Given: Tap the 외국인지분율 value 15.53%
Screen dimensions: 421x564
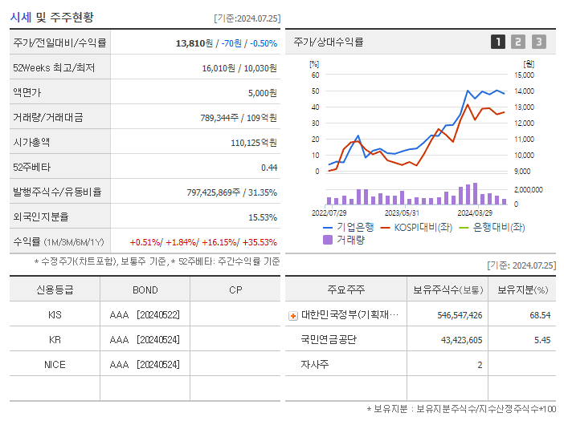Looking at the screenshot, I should coord(263,217).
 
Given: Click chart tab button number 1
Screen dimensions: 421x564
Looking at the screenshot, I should coord(498,42).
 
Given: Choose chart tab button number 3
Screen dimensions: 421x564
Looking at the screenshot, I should coord(538,42).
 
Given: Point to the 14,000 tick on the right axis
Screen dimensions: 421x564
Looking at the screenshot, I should coord(524,75).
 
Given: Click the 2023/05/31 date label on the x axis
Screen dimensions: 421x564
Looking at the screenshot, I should coord(403,213).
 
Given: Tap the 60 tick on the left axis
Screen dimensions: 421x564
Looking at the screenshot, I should coord(316,75).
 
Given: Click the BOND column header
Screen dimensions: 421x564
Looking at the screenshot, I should coord(145,290).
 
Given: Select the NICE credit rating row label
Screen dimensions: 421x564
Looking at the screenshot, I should coord(55,365).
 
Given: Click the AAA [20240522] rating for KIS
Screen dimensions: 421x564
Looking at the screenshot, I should coord(145,315).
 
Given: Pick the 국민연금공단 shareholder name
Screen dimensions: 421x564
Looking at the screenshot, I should coord(329,340).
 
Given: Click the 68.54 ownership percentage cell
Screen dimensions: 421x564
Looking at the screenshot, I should coord(540,315).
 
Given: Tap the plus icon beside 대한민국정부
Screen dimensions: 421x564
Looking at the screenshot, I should coord(293,316).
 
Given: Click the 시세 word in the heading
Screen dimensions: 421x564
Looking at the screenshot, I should coord(21,17).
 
